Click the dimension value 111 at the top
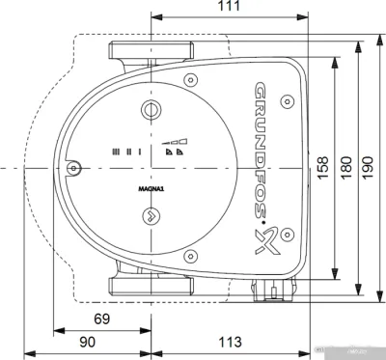pyautogui.click(x=229, y=8)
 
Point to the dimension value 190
pyautogui.click(x=371, y=167)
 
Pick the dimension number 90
pyautogui.click(x=87, y=341)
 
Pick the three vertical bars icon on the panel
pyautogui.click(x=121, y=152)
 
